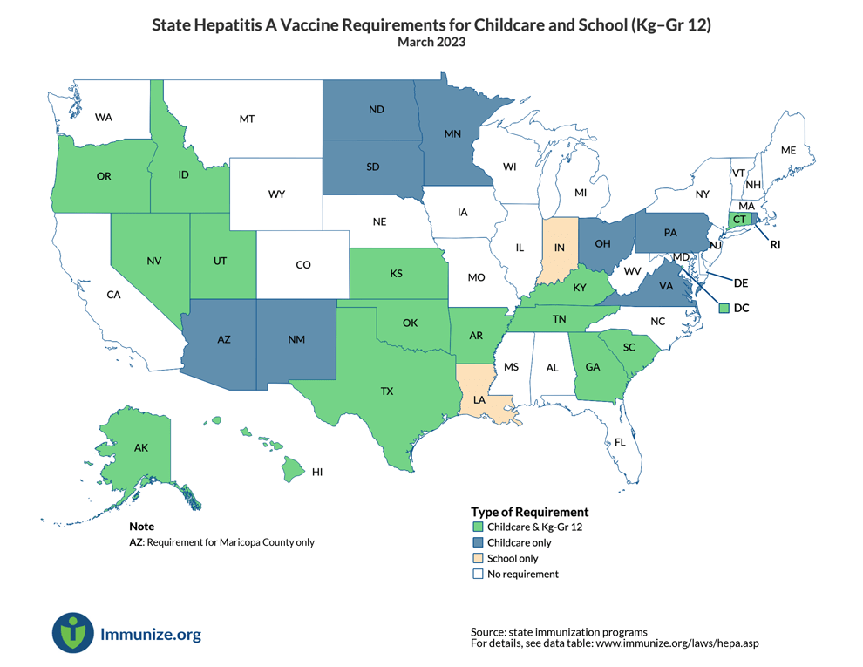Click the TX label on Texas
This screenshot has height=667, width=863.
[x=386, y=391]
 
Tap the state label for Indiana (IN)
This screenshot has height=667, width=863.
[x=559, y=248]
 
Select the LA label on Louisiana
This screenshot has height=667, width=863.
[x=479, y=400]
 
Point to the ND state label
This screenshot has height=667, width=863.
[x=377, y=110]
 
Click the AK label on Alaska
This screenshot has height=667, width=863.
[x=141, y=447]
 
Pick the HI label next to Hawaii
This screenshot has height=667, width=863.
[x=317, y=472]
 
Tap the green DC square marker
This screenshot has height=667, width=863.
[x=724, y=308]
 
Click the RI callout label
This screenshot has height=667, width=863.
[x=775, y=245]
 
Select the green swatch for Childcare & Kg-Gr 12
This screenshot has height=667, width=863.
[x=477, y=527]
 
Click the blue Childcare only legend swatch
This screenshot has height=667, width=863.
[x=477, y=543]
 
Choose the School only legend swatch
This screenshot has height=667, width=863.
[x=477, y=559]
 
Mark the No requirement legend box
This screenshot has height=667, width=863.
[x=477, y=575]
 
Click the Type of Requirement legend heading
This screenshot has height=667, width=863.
[x=529, y=512]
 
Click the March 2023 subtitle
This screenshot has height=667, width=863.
[x=431, y=42]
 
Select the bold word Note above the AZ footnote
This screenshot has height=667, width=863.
[x=141, y=527]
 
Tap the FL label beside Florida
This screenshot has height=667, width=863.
[x=620, y=443]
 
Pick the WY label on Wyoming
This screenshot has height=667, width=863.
[x=276, y=194]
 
